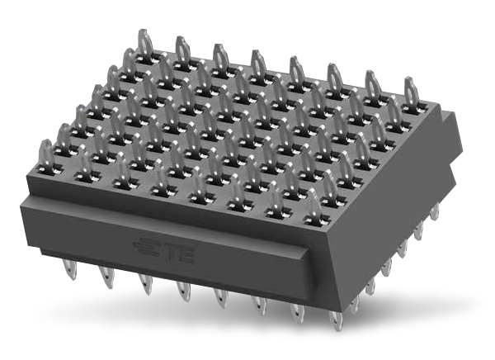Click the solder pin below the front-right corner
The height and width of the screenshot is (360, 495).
pos(334,317)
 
